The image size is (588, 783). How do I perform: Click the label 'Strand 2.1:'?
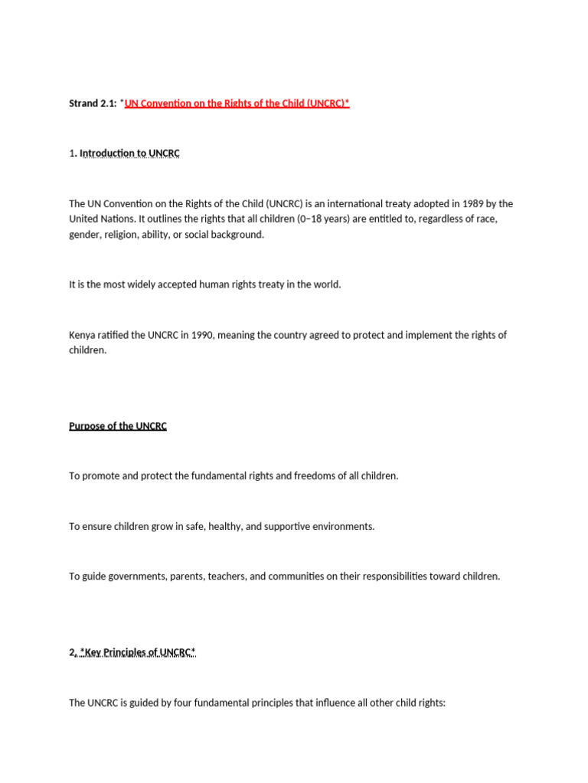tap(93, 103)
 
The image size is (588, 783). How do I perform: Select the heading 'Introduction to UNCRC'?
tap(129, 153)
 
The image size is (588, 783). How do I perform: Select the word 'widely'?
tap(149, 284)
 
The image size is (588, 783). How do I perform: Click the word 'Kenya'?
tap(83, 335)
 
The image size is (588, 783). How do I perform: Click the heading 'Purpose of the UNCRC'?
tap(118, 426)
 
